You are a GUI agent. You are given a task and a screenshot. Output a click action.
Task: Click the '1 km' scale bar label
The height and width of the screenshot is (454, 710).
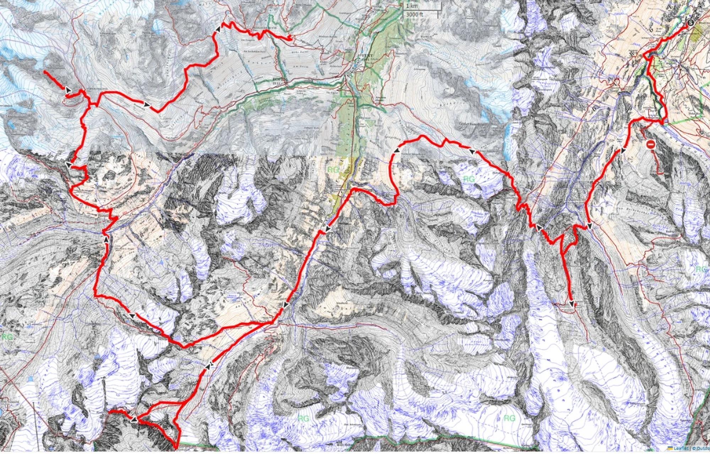click(412, 6)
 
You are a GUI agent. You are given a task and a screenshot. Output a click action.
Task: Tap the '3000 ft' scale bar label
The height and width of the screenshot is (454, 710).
click(415, 14)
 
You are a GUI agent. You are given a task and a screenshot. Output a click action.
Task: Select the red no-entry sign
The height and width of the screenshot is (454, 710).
click(650, 144)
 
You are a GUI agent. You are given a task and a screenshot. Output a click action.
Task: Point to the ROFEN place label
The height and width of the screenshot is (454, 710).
click(277, 80)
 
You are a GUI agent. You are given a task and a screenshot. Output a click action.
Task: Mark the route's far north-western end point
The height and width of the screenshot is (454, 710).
click(45, 72)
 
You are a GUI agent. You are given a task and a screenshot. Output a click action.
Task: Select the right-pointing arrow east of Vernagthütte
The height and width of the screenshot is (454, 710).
click(146, 105)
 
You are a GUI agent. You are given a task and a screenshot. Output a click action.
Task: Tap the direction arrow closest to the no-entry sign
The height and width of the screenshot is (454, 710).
click(623, 151)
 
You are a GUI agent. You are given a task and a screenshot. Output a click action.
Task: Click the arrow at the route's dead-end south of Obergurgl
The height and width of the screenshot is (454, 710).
click(572, 304)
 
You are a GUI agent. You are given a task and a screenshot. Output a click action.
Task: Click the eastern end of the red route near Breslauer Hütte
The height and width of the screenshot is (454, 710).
click(291, 39)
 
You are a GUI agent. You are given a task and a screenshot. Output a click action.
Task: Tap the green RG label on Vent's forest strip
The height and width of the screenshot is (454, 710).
click(333, 170)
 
